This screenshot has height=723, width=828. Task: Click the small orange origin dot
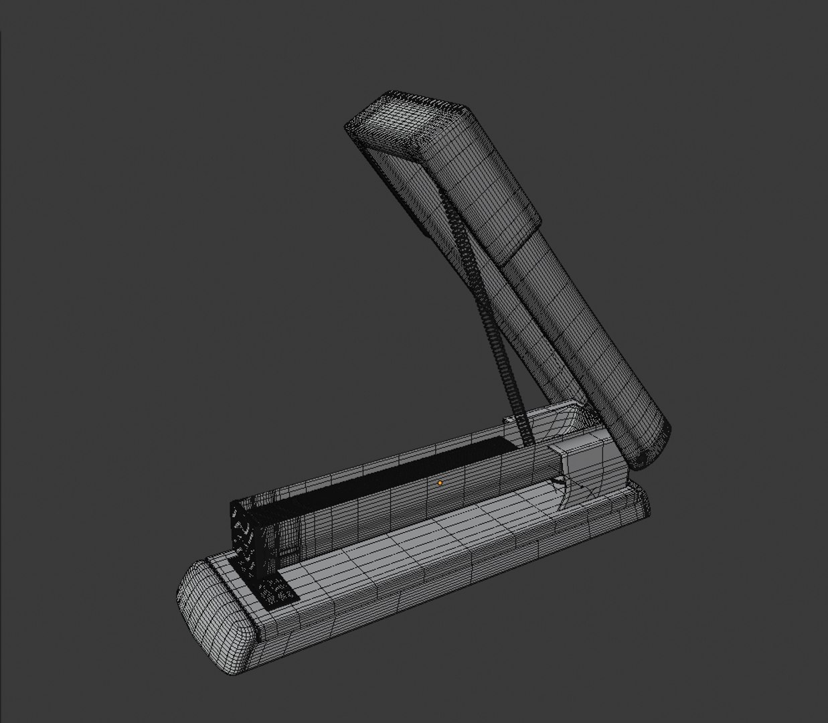(x=440, y=483)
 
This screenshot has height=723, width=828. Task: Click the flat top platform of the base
(x=428, y=529)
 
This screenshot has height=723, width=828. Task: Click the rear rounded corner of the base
(x=639, y=499)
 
